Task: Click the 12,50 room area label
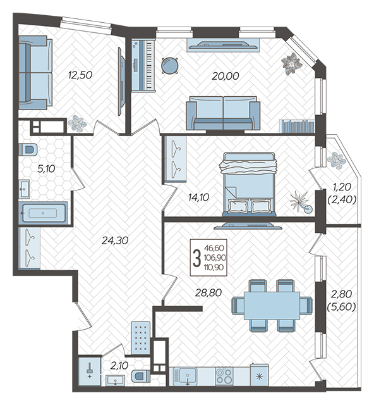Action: pos(80,75)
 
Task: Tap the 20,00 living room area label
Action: pos(226,76)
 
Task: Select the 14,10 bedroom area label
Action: pos(198,197)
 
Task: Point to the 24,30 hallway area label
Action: pos(115,240)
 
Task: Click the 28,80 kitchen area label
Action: pos(208,292)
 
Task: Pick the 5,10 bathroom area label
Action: pos(46,169)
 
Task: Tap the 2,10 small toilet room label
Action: pos(119,366)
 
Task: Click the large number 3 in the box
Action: pos(197,258)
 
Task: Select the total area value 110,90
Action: pos(214,267)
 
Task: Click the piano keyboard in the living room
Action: pos(143,65)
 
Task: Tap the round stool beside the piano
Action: pos(169,66)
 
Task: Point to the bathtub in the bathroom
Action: pos(43,213)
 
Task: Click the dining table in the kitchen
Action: pos(272,305)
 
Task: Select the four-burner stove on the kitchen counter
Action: pos(224,376)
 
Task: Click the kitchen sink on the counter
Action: pos(188,377)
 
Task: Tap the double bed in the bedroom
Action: pos(249,184)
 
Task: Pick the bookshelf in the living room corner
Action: pos(297,126)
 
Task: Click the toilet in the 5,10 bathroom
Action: pos(28,149)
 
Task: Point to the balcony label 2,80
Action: pos(342,294)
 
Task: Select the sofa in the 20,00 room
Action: pos(223,113)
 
